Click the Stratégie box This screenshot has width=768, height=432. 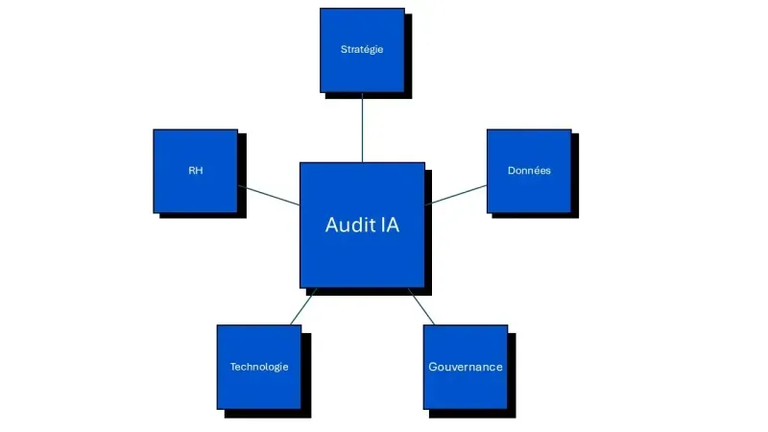click(x=362, y=67)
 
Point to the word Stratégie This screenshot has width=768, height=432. click(x=362, y=49)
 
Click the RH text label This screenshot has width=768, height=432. click(x=195, y=170)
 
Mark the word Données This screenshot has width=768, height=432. click(x=529, y=170)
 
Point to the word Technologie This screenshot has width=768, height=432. click(x=258, y=367)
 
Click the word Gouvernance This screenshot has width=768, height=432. click(x=466, y=367)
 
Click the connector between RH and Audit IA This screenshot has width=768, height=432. click(x=269, y=195)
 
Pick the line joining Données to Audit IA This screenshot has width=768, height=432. click(x=456, y=194)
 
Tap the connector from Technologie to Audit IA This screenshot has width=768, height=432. click(x=302, y=306)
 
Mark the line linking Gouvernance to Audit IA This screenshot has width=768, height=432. click(x=422, y=306)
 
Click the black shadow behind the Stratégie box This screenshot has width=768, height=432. click(x=409, y=58)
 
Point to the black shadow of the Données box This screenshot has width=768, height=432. click(x=576, y=178)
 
